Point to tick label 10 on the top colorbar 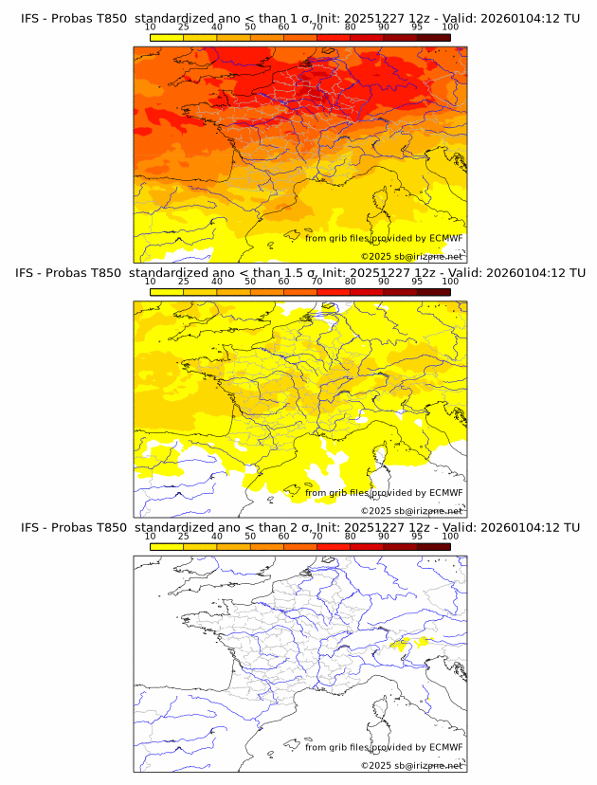(x=151, y=27)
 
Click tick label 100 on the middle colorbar (x=450, y=281)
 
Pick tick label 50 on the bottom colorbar (x=250, y=535)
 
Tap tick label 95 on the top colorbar (x=417, y=27)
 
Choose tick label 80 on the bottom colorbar (x=351, y=535)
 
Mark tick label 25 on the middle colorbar (x=184, y=281)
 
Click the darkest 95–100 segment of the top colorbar (x=433, y=37)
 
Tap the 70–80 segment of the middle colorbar (x=334, y=291)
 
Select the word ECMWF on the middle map (x=445, y=493)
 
